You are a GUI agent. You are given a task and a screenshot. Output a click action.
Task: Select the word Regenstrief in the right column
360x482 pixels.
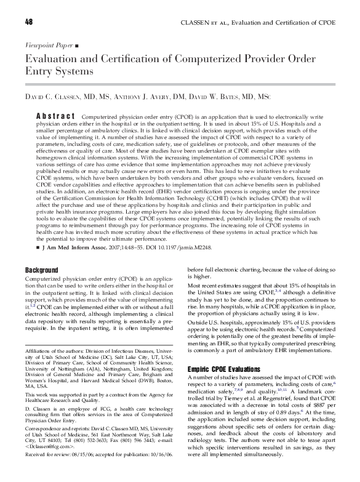point(282,409)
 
